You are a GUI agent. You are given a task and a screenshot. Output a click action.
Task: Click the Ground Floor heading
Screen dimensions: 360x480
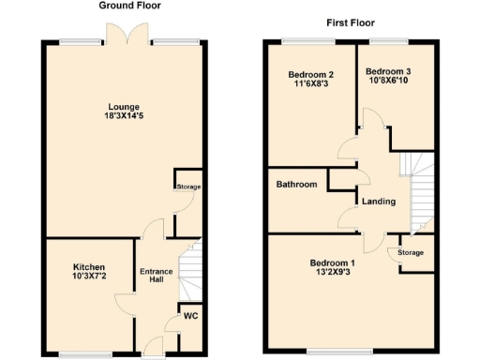click(x=128, y=6)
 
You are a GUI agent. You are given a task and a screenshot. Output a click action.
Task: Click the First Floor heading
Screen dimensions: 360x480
click(x=351, y=22)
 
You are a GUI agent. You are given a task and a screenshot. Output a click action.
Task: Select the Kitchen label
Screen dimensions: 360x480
click(x=90, y=266)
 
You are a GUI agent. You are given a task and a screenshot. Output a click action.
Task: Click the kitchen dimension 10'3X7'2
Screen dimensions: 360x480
click(x=90, y=277)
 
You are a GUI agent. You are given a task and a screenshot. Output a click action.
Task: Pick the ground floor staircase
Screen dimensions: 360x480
click(x=190, y=268)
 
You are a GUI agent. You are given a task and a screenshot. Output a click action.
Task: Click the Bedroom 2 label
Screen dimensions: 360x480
click(x=310, y=74)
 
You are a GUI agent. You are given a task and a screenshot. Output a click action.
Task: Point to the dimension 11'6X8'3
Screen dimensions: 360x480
click(x=310, y=84)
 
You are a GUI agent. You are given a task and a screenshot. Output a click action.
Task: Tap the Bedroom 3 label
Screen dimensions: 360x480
click(x=387, y=71)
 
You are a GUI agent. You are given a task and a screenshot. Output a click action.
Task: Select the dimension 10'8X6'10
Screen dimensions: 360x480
click(x=387, y=82)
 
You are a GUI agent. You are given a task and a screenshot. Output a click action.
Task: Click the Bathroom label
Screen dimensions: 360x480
click(x=296, y=185)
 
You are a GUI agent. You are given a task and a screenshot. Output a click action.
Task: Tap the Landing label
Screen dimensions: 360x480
click(x=378, y=202)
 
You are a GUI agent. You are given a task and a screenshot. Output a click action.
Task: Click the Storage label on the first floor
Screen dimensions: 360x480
click(x=411, y=252)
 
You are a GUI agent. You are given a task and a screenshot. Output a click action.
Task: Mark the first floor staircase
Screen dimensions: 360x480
click(x=418, y=192)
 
